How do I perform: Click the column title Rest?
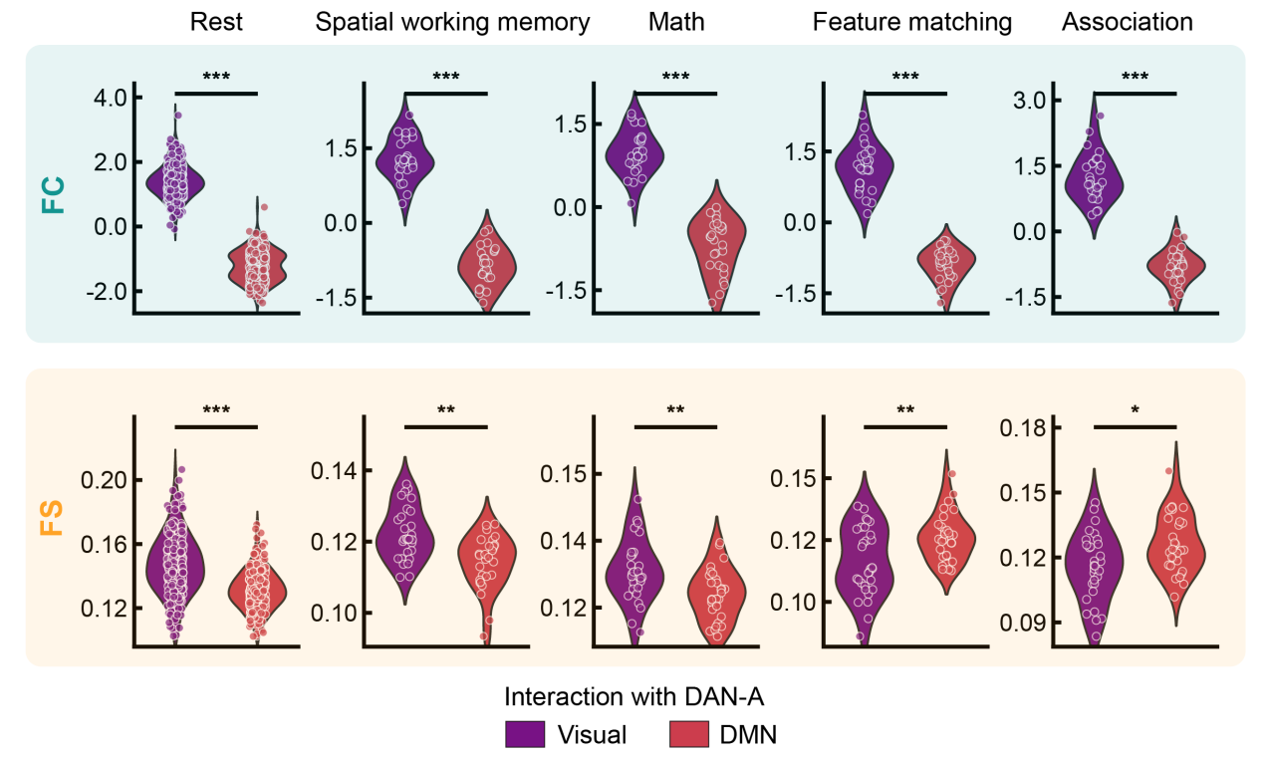(216, 22)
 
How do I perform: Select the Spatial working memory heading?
(452, 22)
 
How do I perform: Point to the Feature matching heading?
(912, 22)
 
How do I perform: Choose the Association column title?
(1127, 22)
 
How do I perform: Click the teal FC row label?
(53, 194)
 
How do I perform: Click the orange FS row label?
(53, 519)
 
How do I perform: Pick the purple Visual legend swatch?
(525, 735)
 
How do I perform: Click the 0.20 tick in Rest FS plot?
(105, 480)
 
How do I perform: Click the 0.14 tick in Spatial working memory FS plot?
(335, 470)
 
